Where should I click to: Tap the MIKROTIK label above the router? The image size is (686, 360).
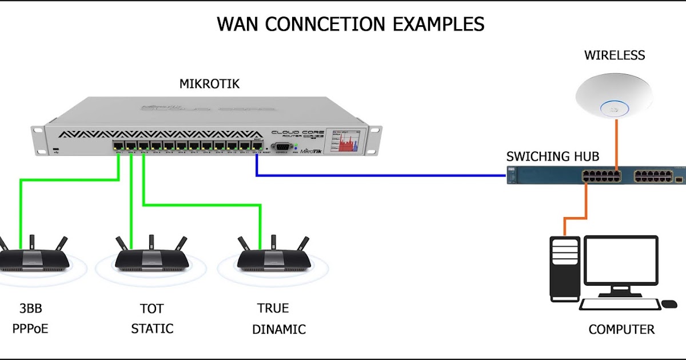click(209, 84)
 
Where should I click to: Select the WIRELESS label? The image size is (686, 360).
click(614, 55)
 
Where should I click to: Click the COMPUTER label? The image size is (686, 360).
click(621, 330)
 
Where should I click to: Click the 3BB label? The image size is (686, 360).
click(30, 309)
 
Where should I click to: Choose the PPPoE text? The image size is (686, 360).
click(30, 329)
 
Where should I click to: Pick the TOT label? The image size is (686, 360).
click(151, 309)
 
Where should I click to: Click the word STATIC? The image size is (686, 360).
click(152, 329)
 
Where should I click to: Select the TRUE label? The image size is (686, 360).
click(273, 309)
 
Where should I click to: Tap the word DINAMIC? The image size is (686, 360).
click(279, 330)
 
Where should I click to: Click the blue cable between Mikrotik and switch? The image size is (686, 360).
click(377, 175)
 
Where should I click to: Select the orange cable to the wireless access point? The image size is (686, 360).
click(616, 143)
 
